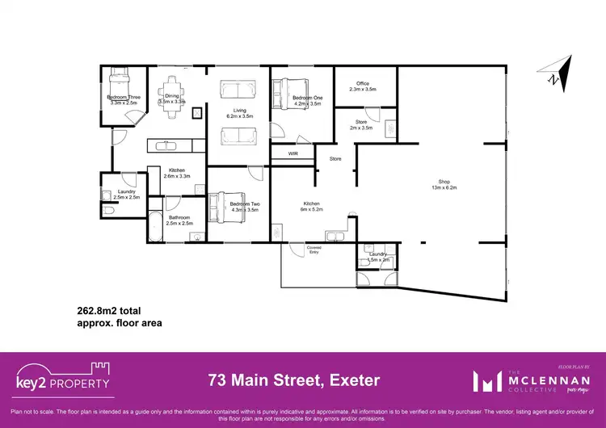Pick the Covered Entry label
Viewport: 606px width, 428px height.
[314, 250]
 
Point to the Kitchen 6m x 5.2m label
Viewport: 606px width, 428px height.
[311, 206]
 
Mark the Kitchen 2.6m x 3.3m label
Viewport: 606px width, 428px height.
[177, 173]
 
